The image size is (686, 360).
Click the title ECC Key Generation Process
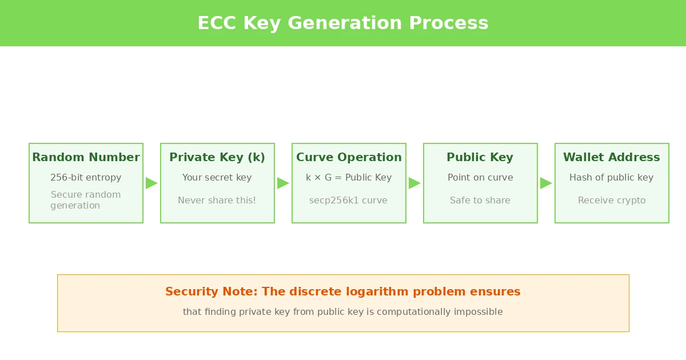click(x=343, y=23)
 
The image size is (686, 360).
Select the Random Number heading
click(x=86, y=157)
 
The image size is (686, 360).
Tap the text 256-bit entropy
click(x=86, y=178)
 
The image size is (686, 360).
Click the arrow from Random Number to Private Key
click(x=151, y=183)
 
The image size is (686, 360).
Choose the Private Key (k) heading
click(x=217, y=157)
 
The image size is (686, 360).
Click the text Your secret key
click(x=217, y=178)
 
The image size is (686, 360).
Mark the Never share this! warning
click(x=217, y=201)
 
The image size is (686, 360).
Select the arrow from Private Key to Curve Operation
click(x=283, y=183)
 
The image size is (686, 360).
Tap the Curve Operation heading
click(x=349, y=157)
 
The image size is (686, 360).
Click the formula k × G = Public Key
click(x=349, y=178)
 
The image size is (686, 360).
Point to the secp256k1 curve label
click(x=349, y=201)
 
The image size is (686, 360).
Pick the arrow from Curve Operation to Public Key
click(x=414, y=183)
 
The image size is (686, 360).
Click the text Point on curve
click(x=480, y=178)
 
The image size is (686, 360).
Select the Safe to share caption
click(x=480, y=201)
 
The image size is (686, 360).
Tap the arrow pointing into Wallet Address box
click(x=546, y=183)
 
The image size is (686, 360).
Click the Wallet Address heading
click(x=612, y=157)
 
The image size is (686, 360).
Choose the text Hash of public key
click(x=612, y=178)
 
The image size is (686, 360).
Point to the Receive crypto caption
click(x=612, y=201)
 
